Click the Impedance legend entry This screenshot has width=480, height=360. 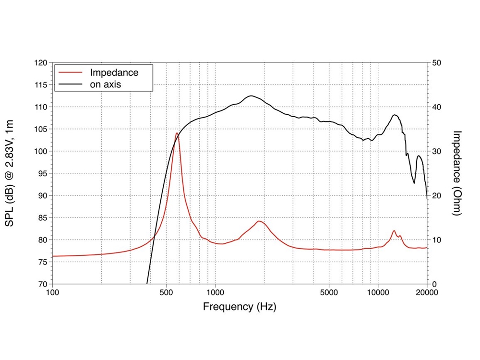(x=114, y=73)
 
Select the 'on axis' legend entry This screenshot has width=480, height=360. (x=106, y=84)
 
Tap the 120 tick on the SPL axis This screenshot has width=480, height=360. (x=42, y=63)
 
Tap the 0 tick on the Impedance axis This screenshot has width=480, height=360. (x=435, y=284)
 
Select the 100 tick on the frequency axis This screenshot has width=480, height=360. (x=52, y=292)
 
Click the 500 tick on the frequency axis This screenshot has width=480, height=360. (x=166, y=292)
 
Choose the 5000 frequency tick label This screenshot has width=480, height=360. (x=329, y=292)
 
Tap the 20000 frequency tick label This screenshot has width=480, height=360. (x=426, y=292)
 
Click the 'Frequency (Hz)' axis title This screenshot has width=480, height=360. (x=240, y=306)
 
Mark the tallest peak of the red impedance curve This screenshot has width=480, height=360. (x=177, y=133)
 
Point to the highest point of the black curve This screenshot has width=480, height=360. (x=251, y=96)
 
